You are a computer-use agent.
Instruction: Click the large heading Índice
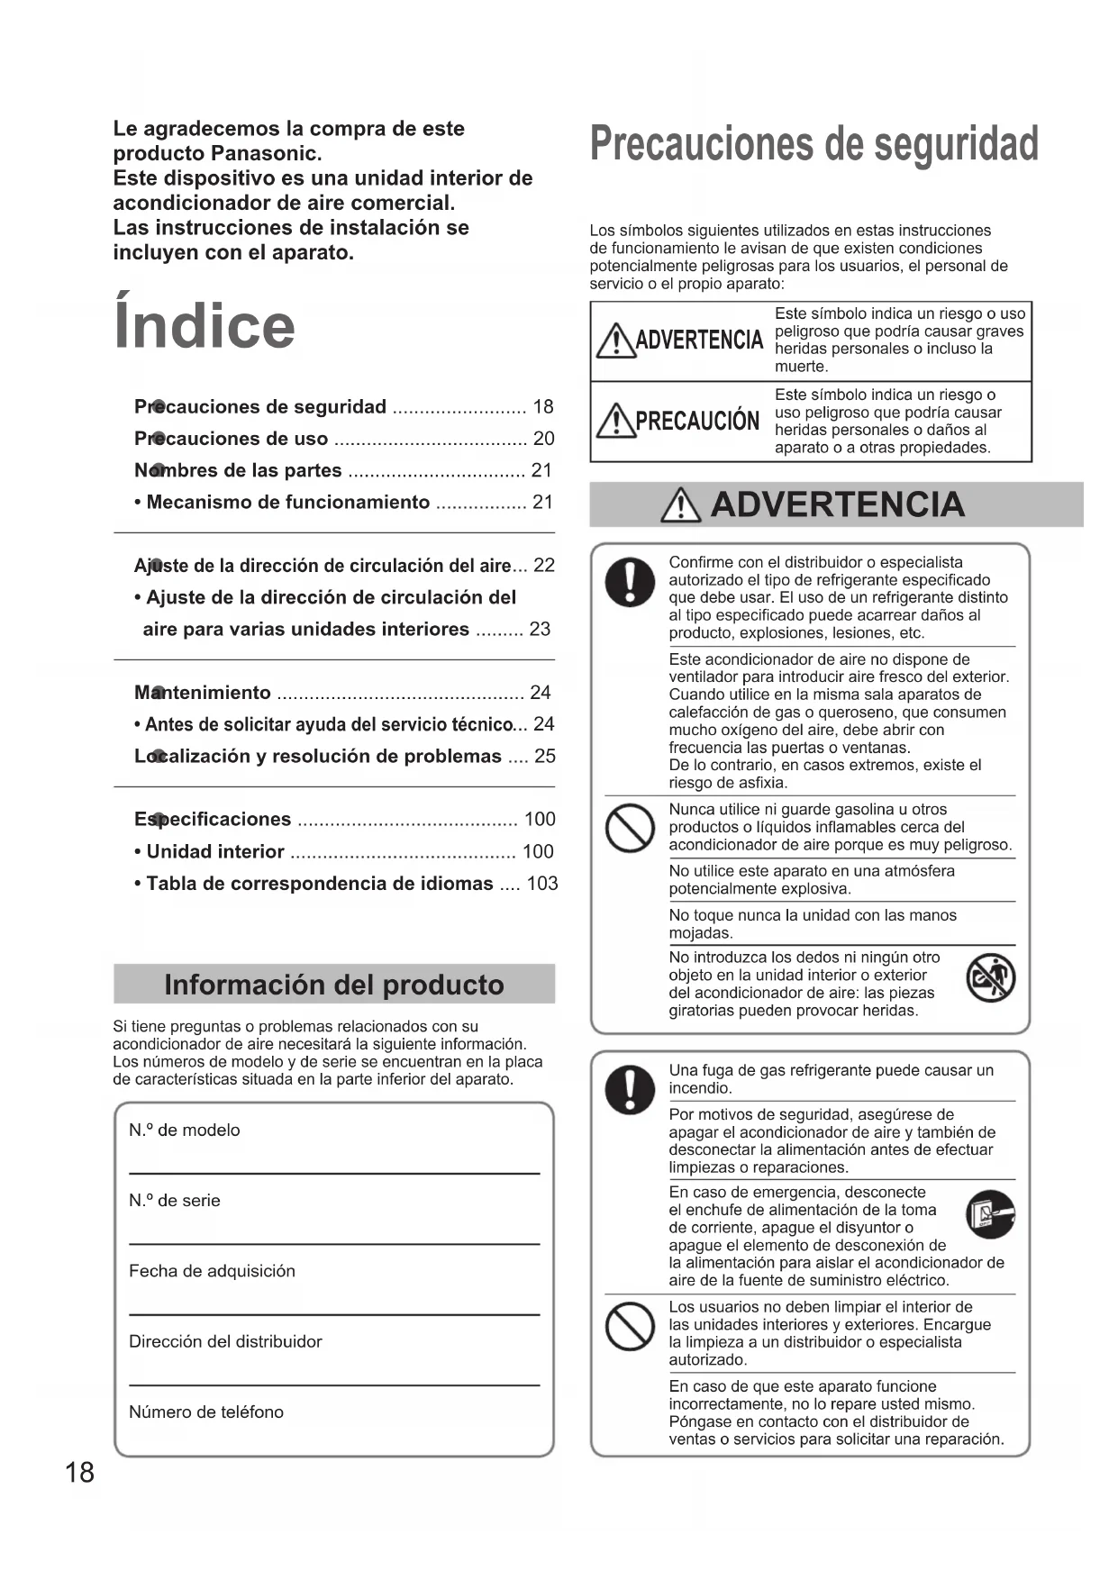[205, 325]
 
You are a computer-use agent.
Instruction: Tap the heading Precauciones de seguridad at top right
[814, 146]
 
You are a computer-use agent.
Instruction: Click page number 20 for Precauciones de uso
[543, 439]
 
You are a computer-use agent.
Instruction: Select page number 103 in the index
[541, 884]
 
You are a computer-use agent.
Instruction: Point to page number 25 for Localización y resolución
[544, 757]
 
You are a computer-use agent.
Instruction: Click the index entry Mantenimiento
[203, 693]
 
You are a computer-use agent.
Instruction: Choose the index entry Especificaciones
[213, 820]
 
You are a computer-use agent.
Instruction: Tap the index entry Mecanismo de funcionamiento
[287, 503]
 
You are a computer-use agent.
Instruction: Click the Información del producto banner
[333, 985]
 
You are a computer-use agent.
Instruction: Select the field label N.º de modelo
[185, 1131]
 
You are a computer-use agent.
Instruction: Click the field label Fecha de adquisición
[212, 1271]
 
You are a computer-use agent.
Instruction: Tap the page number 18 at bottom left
[79, 1472]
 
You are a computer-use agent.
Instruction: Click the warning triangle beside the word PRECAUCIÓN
[615, 421]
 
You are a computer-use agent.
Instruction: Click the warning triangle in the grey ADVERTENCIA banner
[680, 506]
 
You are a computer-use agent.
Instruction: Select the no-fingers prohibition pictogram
[990, 979]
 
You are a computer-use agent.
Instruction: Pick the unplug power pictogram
[990, 1213]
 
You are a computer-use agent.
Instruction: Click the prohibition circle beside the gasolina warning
[629, 827]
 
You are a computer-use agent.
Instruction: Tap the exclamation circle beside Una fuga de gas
[629, 1088]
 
